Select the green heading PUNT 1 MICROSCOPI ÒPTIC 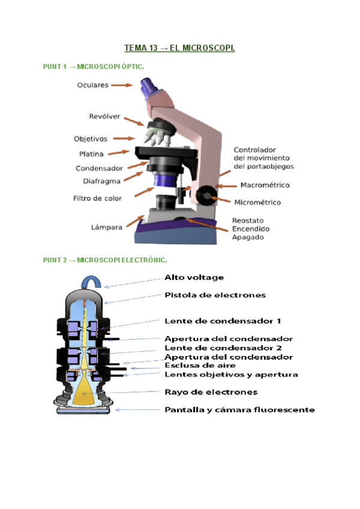[x=93, y=66]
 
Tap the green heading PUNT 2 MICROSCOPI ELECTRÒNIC [x=104, y=260]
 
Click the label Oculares [x=92, y=85]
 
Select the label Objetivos [x=91, y=139]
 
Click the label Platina [x=95, y=154]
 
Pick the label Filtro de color [x=97, y=197]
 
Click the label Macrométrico [x=265, y=185]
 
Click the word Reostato [x=248, y=220]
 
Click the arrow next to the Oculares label [x=122, y=85]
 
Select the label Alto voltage [x=194, y=277]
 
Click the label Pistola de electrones [x=215, y=295]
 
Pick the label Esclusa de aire [x=200, y=365]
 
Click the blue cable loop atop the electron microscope [x=92, y=281]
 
